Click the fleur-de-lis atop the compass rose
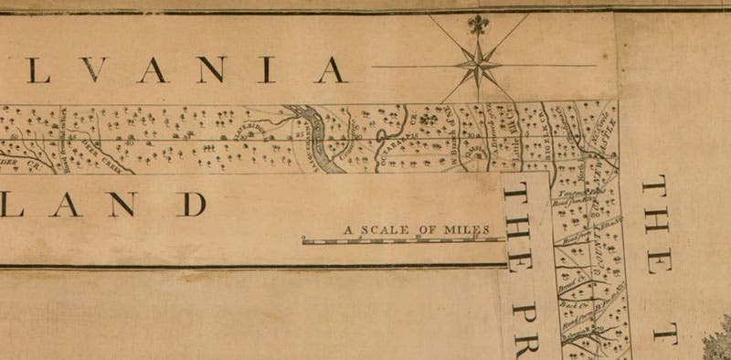click(x=476, y=25)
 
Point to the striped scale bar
click(x=403, y=241)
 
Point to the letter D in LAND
click(x=191, y=203)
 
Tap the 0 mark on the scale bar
click(x=304, y=237)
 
